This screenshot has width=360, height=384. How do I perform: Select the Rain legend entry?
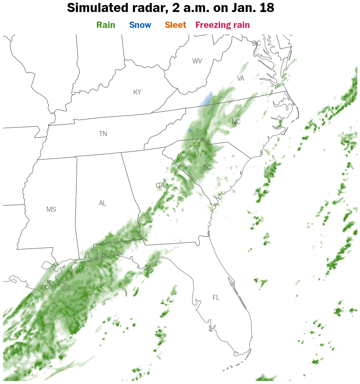[106, 25]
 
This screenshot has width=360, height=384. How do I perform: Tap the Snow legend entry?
[140, 25]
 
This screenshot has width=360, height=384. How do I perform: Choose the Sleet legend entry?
[175, 25]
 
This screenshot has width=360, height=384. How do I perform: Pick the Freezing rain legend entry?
[223, 25]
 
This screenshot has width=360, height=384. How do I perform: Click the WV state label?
[197, 61]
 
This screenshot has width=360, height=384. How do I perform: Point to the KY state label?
[137, 92]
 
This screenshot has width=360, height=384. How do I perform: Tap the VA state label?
[241, 78]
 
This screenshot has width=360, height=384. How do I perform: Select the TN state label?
[103, 134]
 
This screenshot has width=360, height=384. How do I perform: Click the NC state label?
[236, 122]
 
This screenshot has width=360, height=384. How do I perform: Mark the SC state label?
[207, 167]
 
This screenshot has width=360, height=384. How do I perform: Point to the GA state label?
[160, 185]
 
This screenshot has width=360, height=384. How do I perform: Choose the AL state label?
[103, 203]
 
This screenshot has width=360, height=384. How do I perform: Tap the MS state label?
[51, 209]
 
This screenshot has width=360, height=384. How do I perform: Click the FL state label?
[216, 298]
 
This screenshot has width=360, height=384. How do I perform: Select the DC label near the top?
[256, 43]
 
